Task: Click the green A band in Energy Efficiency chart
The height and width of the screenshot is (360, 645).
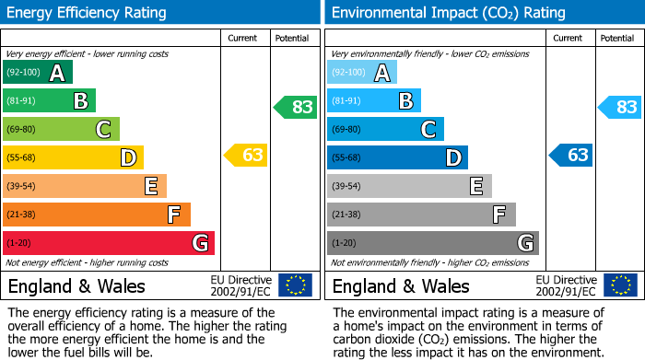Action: coord(38,73)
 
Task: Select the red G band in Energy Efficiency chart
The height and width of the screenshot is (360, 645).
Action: coord(109,243)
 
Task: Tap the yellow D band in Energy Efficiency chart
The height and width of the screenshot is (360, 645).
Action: coord(74,158)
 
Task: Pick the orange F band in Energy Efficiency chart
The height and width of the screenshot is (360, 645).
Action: coord(97,215)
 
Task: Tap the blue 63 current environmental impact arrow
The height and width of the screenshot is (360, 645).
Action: coord(571,155)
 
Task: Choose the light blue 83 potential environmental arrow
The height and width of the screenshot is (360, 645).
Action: coord(621,107)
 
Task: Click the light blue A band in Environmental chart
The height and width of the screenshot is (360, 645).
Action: coord(362,73)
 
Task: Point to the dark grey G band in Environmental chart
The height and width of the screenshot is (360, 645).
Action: coord(433,243)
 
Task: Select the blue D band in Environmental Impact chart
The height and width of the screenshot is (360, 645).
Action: coord(398,158)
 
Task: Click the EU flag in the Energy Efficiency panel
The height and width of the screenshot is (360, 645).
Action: coord(295,285)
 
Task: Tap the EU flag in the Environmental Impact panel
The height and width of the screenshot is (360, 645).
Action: coord(619,285)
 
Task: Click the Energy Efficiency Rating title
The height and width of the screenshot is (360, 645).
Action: coord(88,13)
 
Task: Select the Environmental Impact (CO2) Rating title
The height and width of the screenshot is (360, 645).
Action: coord(448,13)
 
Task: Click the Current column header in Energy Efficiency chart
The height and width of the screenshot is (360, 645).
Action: coord(243,38)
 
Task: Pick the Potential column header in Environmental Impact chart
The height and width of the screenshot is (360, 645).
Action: coord(616,38)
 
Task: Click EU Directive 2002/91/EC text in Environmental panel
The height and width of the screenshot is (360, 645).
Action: coord(565,285)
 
